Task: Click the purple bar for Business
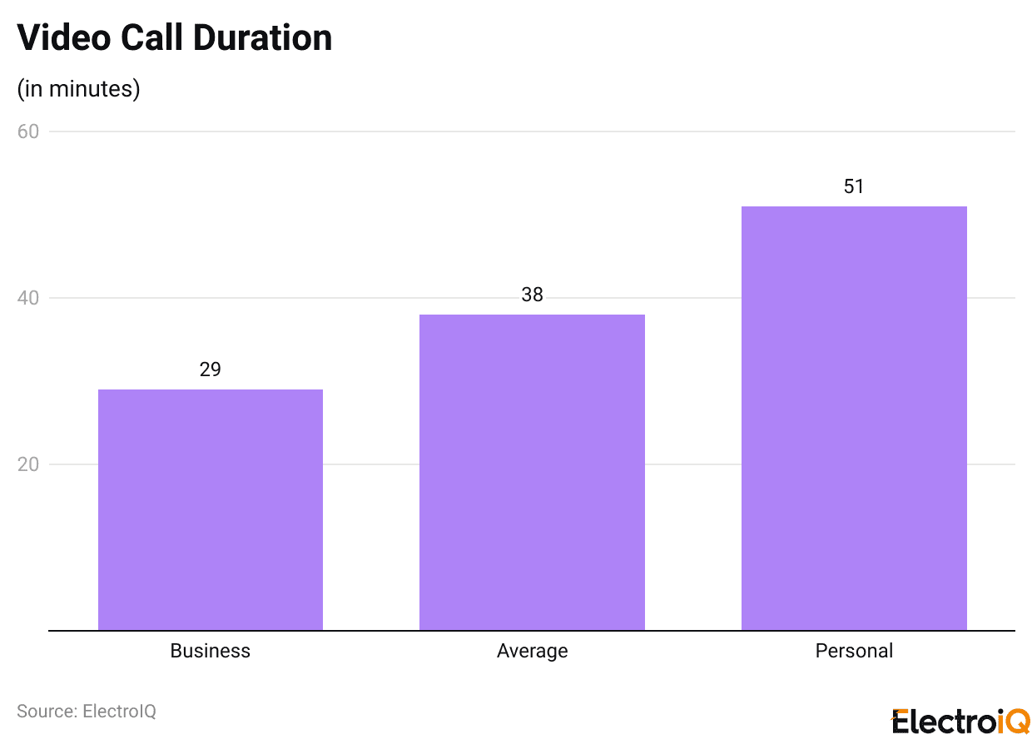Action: [211, 509]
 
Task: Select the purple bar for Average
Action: [532, 472]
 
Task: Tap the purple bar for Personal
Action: [854, 418]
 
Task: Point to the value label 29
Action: [211, 369]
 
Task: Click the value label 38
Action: [532, 295]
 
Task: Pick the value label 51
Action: [854, 186]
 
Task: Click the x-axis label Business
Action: [211, 651]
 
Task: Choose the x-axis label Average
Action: [532, 651]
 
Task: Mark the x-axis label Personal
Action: [854, 651]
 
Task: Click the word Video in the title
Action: [64, 37]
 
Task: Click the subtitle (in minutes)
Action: [78, 89]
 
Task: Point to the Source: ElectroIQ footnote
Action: [87, 712]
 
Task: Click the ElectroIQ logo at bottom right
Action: [960, 721]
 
